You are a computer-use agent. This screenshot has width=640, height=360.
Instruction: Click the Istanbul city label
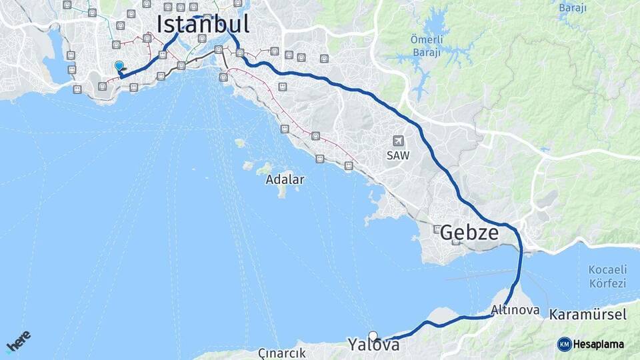(x=203, y=24)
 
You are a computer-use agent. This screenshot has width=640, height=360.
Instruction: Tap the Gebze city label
(x=469, y=233)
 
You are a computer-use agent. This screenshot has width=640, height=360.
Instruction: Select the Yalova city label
(x=373, y=345)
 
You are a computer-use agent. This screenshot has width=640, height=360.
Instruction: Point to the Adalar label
(x=285, y=179)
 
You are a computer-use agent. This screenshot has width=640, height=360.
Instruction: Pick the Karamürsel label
(x=588, y=314)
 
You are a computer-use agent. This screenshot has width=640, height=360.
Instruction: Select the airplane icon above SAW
(x=399, y=141)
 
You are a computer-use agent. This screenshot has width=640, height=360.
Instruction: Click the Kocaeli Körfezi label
(x=607, y=277)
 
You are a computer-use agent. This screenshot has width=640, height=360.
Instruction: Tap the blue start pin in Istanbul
(x=119, y=66)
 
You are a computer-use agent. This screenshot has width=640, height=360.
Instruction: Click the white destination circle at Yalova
(x=373, y=336)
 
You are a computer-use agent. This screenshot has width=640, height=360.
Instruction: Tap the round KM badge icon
(x=564, y=345)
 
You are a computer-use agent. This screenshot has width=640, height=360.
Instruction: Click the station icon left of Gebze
(x=437, y=229)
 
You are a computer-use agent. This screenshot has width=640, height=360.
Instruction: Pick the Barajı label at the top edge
(x=572, y=8)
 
